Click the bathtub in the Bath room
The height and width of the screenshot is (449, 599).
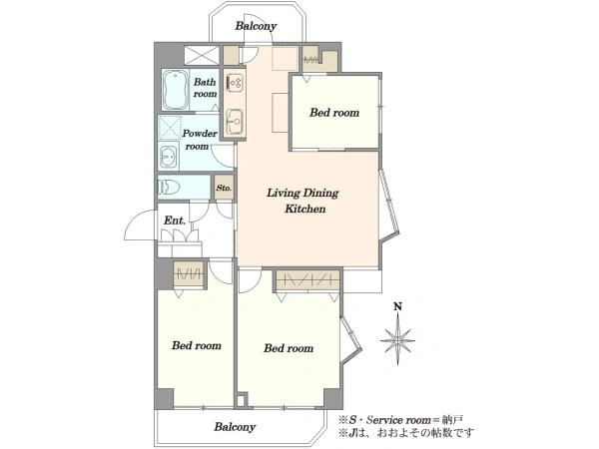(x=176, y=90)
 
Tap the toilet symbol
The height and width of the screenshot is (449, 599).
(x=169, y=188)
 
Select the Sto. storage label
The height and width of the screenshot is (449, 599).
(x=224, y=188)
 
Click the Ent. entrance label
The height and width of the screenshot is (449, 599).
(x=175, y=221)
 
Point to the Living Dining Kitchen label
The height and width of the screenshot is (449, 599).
(x=302, y=201)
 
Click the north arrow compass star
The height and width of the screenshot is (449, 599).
(x=397, y=339)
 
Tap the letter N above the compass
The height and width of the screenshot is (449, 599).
(x=398, y=306)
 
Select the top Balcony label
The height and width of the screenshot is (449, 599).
(x=256, y=26)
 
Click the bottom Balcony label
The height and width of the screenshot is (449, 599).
(x=235, y=426)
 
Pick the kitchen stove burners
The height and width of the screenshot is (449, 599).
(x=235, y=83)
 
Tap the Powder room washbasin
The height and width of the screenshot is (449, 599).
(x=169, y=157)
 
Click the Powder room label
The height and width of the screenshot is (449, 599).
(x=199, y=140)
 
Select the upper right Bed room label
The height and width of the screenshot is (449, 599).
(x=334, y=113)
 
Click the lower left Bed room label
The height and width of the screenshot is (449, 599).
(x=197, y=345)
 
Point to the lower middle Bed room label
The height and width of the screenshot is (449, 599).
(x=289, y=348)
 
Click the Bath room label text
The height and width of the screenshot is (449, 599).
(x=205, y=88)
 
